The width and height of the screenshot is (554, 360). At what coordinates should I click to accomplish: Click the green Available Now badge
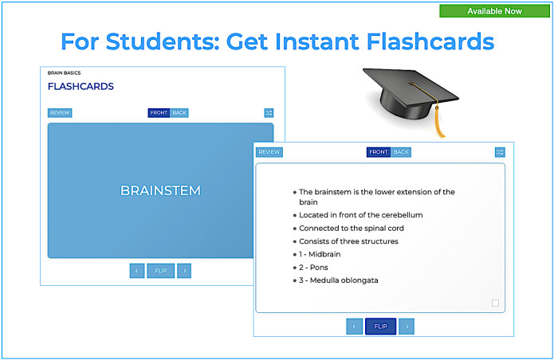(494, 11)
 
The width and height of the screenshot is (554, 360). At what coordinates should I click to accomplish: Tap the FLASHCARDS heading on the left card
(81, 86)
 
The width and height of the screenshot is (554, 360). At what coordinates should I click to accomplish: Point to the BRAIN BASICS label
(64, 72)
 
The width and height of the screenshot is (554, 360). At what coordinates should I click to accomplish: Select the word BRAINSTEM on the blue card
(160, 190)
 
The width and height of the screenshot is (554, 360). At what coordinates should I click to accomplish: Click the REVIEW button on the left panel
(60, 113)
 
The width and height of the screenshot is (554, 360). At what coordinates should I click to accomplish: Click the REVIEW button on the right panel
(269, 152)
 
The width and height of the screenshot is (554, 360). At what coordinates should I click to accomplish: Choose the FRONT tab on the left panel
(159, 113)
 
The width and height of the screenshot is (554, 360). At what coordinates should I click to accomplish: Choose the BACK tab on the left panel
(179, 113)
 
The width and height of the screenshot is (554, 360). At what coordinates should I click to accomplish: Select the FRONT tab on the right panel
(379, 152)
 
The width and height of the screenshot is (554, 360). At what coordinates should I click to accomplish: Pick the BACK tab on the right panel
(401, 152)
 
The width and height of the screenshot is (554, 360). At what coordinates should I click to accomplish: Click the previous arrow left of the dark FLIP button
(355, 327)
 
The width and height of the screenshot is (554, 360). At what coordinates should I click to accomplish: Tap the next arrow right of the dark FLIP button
(407, 327)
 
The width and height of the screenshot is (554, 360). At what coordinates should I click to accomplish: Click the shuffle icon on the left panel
(269, 113)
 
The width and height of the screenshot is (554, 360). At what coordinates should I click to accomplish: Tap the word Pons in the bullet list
(318, 267)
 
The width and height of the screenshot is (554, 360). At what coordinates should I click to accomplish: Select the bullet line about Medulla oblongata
(338, 280)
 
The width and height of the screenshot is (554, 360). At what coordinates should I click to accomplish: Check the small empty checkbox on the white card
(495, 303)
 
